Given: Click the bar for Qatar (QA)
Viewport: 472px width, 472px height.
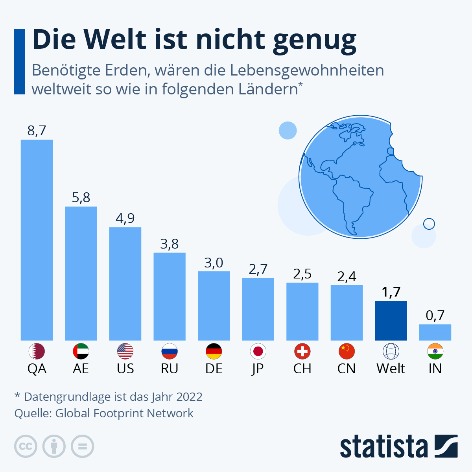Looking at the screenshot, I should (37, 240).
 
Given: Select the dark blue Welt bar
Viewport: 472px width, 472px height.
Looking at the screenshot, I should (391, 321).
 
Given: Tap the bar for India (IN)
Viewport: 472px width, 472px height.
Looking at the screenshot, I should (435, 332).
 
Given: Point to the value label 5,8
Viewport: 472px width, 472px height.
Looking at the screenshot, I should (81, 197).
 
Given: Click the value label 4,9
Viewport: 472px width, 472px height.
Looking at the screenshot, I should (125, 218).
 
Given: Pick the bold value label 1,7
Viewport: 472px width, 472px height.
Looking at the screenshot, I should (391, 292).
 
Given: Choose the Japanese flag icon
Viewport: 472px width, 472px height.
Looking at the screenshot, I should (258, 351).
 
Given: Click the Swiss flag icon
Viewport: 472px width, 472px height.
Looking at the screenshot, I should (302, 351).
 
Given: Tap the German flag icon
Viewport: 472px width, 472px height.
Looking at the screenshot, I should (214, 351).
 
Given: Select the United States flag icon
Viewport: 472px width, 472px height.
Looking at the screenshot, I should (125, 351).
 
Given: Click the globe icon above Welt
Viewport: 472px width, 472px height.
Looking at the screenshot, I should (391, 351).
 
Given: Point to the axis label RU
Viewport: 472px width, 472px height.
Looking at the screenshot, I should (170, 369).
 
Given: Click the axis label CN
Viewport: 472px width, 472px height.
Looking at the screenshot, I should (347, 369).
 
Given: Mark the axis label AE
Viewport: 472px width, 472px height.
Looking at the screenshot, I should (81, 369).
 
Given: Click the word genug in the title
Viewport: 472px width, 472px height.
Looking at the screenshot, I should (315, 40).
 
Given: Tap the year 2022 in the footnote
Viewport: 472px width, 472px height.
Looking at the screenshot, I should (189, 396).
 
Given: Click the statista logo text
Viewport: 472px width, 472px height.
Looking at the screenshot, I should (383, 446).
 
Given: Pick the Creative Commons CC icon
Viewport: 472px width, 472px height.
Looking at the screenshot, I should (26, 446).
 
